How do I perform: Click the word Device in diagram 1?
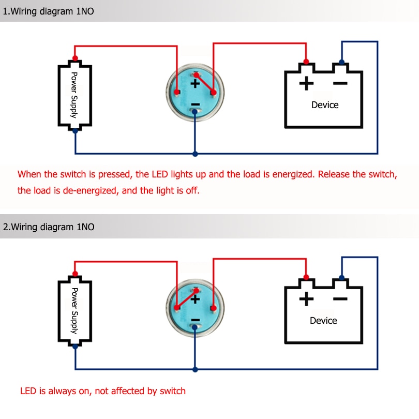[x=325, y=105]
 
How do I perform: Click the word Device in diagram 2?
[x=323, y=321]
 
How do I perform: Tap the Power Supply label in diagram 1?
[x=74, y=95]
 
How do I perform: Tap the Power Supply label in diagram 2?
[x=74, y=310]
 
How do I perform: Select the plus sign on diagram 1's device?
[x=306, y=83]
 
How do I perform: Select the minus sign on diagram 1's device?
[x=340, y=83]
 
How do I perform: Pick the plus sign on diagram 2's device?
[x=306, y=298]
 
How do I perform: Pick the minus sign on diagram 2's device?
[x=340, y=298]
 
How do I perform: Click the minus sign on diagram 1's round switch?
[x=195, y=105]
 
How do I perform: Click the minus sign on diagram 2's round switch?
[x=195, y=321]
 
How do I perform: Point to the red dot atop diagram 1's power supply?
[x=76, y=57]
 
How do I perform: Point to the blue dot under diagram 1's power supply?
[x=76, y=131]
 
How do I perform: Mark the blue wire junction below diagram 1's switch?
[x=195, y=154]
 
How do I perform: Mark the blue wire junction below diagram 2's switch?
[x=195, y=369]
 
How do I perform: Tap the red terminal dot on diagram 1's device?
[x=306, y=62]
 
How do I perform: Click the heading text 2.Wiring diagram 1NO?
[x=49, y=227]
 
